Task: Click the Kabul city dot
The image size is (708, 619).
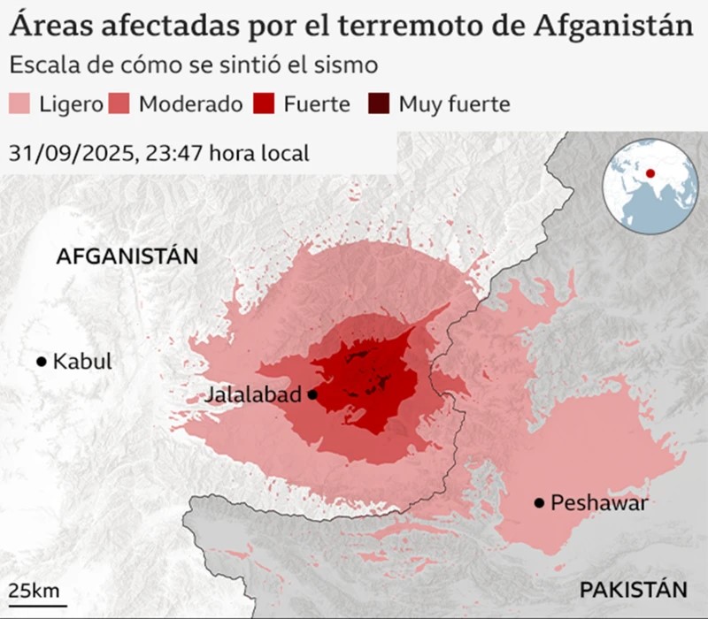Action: (x=41, y=361)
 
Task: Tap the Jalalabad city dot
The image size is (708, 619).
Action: (x=312, y=394)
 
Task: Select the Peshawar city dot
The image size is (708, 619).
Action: (x=538, y=503)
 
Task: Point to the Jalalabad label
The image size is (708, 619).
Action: (x=252, y=395)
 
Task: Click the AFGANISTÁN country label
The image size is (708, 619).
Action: (x=127, y=256)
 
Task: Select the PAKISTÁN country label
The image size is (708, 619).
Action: (x=633, y=590)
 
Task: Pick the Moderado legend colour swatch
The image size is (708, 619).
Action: (x=120, y=103)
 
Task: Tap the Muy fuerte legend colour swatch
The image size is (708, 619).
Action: (x=379, y=103)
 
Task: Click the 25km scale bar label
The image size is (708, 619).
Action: (x=34, y=590)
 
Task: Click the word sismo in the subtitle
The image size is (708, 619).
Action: (x=351, y=65)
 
